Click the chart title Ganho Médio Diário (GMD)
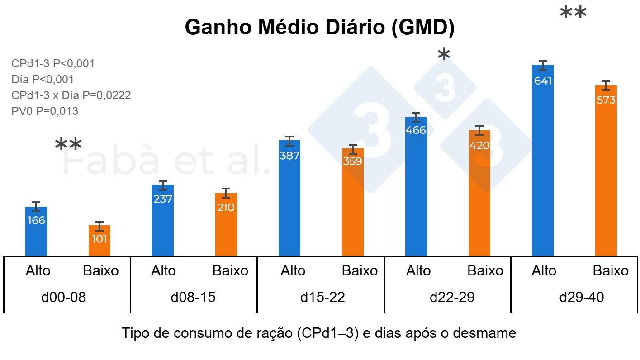(x=319, y=28)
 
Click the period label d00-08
(x=67, y=298)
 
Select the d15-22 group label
(x=322, y=298)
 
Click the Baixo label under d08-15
(x=230, y=271)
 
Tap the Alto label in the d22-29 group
(x=418, y=271)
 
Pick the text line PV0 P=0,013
(x=45, y=111)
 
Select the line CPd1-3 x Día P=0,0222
(x=71, y=95)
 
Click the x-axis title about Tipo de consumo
(x=319, y=333)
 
